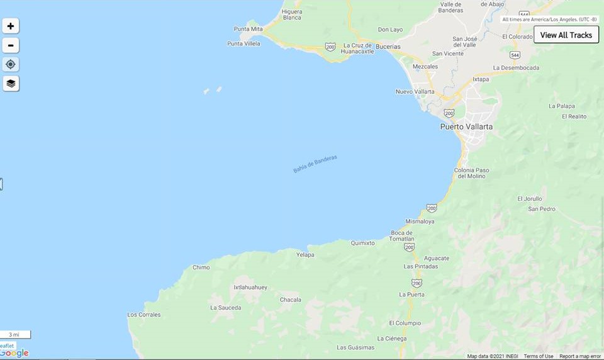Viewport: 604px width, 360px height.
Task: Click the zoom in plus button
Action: [11, 26]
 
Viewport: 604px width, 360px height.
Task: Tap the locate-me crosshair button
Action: [11, 64]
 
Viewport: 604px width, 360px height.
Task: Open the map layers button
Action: [11, 83]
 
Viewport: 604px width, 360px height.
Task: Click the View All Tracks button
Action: [566, 35]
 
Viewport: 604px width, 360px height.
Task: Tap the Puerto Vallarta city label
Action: [466, 127]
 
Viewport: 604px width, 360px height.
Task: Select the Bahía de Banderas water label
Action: [315, 164]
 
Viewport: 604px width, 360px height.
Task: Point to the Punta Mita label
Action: [248, 29]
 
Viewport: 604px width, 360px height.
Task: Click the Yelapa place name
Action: [305, 255]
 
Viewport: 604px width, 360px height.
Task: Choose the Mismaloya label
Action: [420, 222]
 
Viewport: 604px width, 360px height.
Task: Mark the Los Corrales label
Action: [144, 315]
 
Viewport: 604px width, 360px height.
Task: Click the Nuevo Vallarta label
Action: [415, 92]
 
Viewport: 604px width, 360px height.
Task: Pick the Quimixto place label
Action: [362, 243]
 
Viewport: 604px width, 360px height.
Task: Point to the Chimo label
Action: [201, 267]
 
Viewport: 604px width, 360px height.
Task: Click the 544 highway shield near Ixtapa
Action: [515, 55]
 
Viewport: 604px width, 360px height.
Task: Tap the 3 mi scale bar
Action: [15, 334]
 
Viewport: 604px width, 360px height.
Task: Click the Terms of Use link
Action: [539, 356]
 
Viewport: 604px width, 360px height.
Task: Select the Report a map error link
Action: [579, 356]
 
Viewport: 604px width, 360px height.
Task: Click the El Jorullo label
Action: [529, 199]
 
